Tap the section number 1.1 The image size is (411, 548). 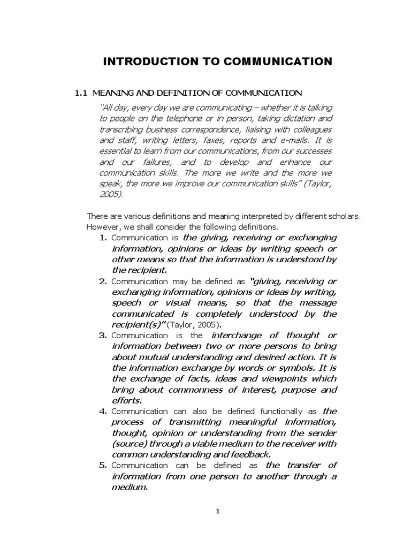click(81, 93)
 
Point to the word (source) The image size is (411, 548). click(128, 444)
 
